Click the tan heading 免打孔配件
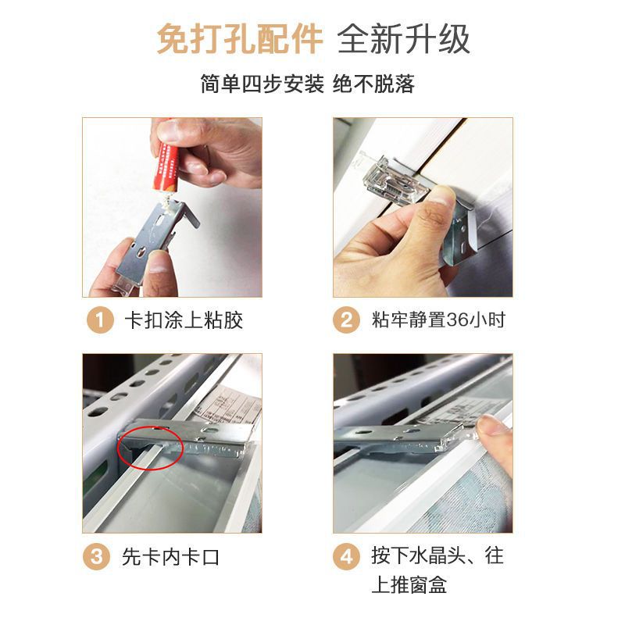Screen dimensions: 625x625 pyautogui.click(x=240, y=39)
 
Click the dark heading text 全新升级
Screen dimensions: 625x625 pyautogui.click(x=404, y=39)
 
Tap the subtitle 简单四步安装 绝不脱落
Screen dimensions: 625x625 pyautogui.click(x=307, y=84)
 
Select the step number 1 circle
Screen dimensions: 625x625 pyautogui.click(x=100, y=320)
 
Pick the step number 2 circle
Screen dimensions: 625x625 pyautogui.click(x=346, y=320)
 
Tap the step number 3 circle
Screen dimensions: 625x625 pyautogui.click(x=96, y=556)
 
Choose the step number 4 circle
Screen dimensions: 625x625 pyautogui.click(x=346, y=556)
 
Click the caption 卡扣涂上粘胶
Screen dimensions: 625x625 pyautogui.click(x=184, y=320)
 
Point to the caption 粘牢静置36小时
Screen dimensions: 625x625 pyautogui.click(x=438, y=320)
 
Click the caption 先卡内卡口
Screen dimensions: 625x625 pyautogui.click(x=170, y=557)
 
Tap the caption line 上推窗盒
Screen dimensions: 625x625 pyautogui.click(x=409, y=584)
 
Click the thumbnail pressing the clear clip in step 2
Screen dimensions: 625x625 pyautogui.click(x=441, y=196)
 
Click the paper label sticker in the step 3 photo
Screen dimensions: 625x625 pyautogui.click(x=228, y=405)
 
